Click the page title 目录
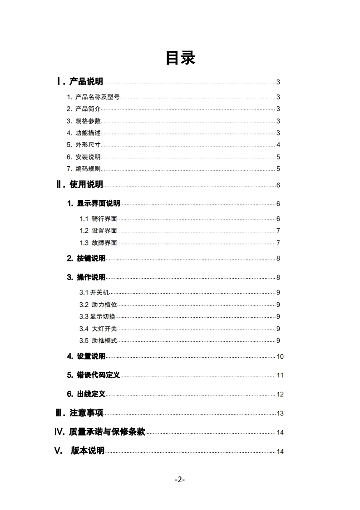point(180,58)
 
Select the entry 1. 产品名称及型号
point(93,97)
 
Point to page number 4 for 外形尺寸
point(278,145)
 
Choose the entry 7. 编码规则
point(84,169)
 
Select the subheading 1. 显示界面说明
point(94,204)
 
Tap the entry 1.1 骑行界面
point(98,219)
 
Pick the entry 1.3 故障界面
point(98,243)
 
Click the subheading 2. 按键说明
point(86,259)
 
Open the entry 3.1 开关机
point(94,293)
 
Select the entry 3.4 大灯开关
point(98,329)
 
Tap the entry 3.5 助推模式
point(98,340)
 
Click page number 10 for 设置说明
point(280,357)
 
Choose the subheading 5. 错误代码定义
point(94,375)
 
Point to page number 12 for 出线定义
point(280,395)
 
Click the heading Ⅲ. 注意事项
point(79,413)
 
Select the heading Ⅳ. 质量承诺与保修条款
point(100,432)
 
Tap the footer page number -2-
point(180,480)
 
